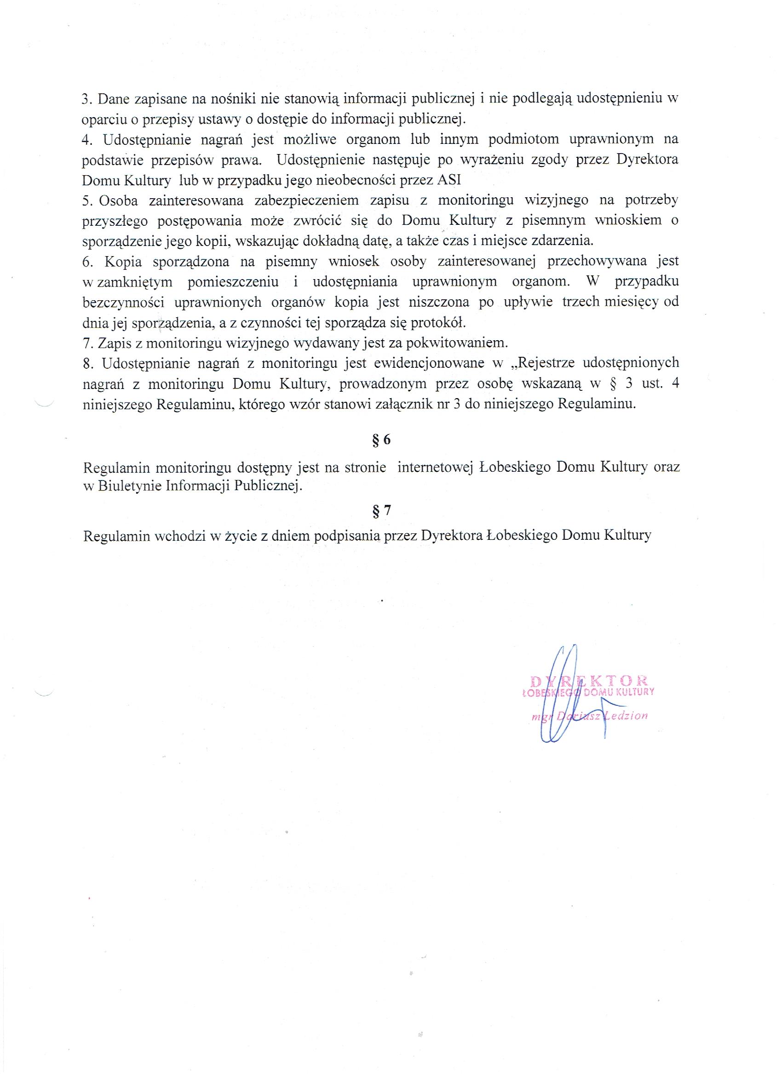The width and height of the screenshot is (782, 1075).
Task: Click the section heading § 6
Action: click(381, 440)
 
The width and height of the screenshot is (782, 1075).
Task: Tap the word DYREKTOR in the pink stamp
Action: click(588, 681)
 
